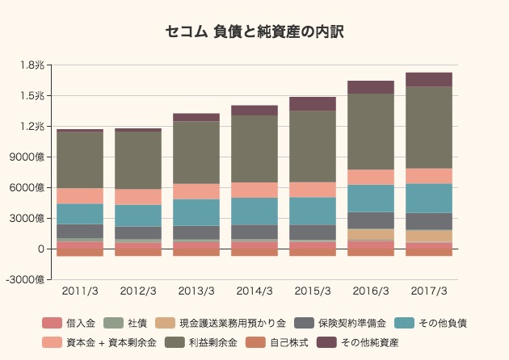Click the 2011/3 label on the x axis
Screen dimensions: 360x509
click(80, 291)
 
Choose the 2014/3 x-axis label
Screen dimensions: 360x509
click(254, 291)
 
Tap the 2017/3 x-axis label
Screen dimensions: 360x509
click(429, 291)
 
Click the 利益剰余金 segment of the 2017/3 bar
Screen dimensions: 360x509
click(429, 127)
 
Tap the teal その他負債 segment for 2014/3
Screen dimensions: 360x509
click(254, 211)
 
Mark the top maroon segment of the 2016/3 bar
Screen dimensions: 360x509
click(371, 87)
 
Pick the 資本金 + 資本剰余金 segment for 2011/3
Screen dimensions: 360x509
click(80, 195)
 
